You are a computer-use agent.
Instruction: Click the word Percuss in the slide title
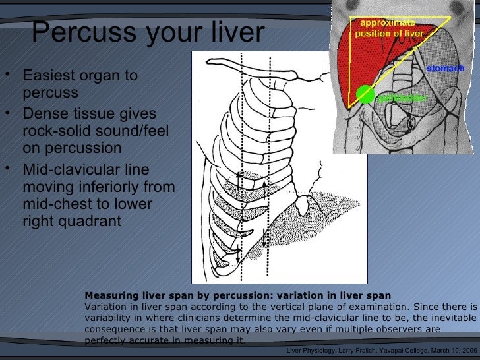coord(73,31)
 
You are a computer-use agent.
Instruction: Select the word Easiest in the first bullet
coord(49,75)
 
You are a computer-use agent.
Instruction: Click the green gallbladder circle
coord(365,95)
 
